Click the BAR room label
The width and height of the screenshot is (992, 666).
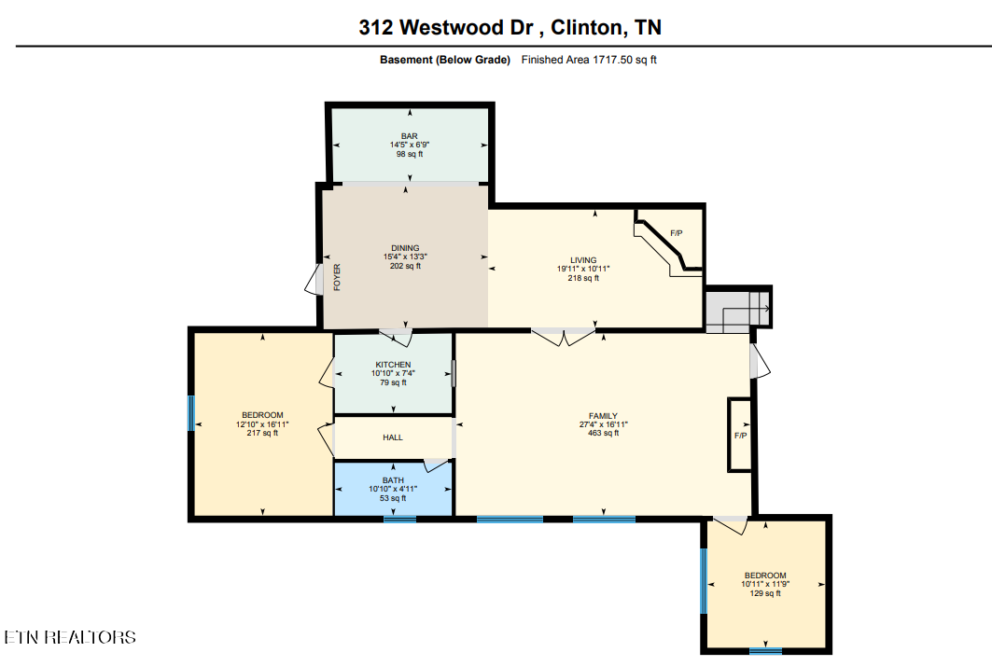(x=409, y=136)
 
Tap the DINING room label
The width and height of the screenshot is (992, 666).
(x=405, y=248)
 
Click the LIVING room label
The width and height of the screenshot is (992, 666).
(x=583, y=260)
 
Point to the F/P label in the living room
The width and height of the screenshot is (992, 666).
(x=677, y=232)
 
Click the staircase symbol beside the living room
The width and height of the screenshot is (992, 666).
(x=737, y=308)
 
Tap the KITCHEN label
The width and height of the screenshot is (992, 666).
(x=393, y=365)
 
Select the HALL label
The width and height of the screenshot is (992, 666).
(x=393, y=437)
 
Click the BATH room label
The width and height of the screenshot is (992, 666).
(x=393, y=480)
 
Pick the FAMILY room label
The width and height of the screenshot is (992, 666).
(x=603, y=416)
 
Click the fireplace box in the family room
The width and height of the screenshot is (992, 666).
(x=740, y=434)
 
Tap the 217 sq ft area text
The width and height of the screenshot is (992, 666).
(x=262, y=433)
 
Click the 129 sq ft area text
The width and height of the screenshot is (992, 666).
(x=764, y=593)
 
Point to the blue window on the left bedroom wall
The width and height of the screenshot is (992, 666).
(x=191, y=413)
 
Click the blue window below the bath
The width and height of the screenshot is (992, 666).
(x=399, y=519)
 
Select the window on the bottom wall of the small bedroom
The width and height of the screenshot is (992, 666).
(x=765, y=650)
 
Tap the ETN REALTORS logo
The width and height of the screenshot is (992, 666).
(x=70, y=637)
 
